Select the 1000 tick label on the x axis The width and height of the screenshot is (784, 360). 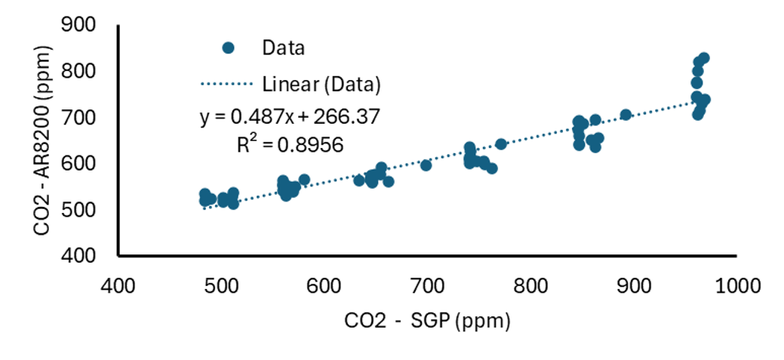[x=732, y=288]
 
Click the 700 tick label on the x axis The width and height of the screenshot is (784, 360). [x=427, y=288]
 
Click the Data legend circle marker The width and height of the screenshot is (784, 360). [x=229, y=48]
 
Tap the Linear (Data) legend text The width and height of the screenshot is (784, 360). [x=321, y=83]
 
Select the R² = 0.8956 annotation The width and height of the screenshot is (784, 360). [x=290, y=145]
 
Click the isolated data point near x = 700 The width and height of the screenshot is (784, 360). [x=426, y=165]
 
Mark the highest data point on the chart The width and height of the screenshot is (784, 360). [x=703, y=58]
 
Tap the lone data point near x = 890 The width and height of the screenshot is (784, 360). [x=626, y=115]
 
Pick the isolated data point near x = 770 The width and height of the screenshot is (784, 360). [x=501, y=144]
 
